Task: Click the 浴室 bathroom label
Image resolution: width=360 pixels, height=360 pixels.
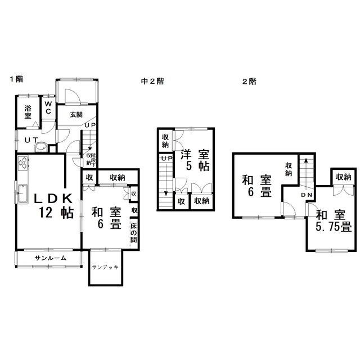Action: (x=28, y=112)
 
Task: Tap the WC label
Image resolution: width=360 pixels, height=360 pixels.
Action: (x=48, y=107)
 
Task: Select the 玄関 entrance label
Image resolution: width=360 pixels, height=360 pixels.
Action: (x=76, y=115)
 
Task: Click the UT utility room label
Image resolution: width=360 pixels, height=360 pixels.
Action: (x=31, y=140)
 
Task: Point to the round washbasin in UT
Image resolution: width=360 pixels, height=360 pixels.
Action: (x=41, y=147)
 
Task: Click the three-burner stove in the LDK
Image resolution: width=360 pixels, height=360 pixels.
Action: (x=22, y=163)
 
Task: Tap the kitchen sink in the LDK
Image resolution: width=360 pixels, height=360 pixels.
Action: (x=22, y=193)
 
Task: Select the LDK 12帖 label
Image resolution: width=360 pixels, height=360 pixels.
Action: (x=54, y=206)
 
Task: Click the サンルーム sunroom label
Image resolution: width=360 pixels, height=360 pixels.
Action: (x=51, y=258)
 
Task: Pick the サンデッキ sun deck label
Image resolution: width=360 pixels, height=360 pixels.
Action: (x=105, y=267)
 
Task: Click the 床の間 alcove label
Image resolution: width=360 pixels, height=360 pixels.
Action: (x=134, y=233)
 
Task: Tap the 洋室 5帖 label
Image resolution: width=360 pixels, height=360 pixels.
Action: (x=195, y=160)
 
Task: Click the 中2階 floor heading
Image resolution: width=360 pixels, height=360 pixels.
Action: (x=152, y=81)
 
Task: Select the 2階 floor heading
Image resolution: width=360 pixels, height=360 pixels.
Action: (x=249, y=82)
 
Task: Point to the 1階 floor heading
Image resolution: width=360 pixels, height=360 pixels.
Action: (x=16, y=79)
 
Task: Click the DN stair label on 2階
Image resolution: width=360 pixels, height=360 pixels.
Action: (x=307, y=195)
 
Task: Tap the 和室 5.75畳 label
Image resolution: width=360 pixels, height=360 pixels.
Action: (x=334, y=221)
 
